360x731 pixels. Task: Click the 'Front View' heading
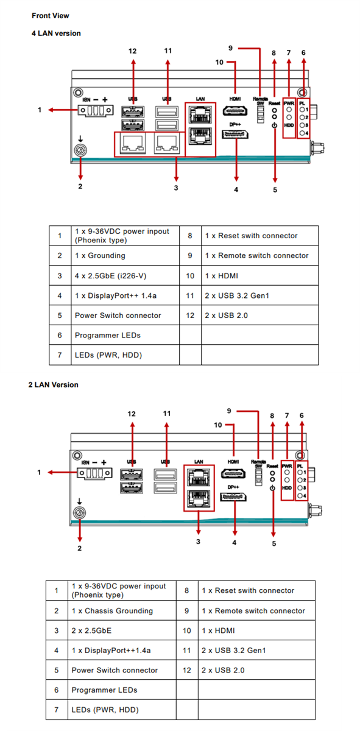coord(51,16)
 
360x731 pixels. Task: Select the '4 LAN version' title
coord(56,34)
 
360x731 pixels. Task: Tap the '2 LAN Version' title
coord(53,385)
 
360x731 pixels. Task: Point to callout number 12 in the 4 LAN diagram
coord(133,51)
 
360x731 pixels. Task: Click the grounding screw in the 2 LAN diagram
coord(79,512)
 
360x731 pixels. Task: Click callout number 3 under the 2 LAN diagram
coord(198,542)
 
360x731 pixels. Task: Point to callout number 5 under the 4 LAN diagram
coord(275,189)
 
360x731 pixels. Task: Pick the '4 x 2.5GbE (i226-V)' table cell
coord(110,276)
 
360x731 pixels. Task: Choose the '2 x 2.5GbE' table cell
coord(91,630)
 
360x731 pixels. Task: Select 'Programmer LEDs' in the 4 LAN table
coord(107,335)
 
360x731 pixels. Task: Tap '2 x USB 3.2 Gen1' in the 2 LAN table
coord(233,651)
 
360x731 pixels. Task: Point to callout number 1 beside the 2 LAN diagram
coord(40,472)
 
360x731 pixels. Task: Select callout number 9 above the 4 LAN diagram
coord(230,48)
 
